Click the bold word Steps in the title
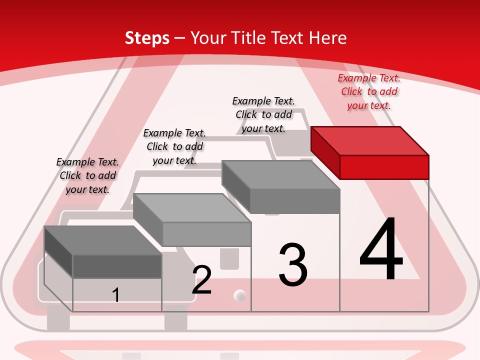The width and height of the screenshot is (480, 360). [x=147, y=38]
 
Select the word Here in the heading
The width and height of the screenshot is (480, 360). [x=327, y=37]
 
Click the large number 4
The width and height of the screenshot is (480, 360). [x=381, y=248]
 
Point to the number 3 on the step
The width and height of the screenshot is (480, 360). [x=293, y=264]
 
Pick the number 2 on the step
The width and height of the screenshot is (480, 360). [x=201, y=279]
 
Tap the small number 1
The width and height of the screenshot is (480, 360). [x=115, y=295]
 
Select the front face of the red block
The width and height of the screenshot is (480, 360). [x=384, y=167]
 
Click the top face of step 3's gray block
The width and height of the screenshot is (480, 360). [x=280, y=175]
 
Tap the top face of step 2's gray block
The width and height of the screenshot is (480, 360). [x=192, y=208]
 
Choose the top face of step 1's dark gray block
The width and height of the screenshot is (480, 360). [x=103, y=240]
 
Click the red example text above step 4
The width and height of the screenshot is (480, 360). [x=369, y=92]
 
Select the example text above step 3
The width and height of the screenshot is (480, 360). [x=263, y=115]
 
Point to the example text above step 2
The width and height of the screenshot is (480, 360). [x=174, y=146]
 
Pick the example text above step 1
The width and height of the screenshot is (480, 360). [x=87, y=175]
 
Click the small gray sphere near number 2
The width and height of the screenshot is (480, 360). [x=239, y=295]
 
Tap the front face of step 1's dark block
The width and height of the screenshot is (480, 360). [x=117, y=266]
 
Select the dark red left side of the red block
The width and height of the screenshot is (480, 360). [x=325, y=153]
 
